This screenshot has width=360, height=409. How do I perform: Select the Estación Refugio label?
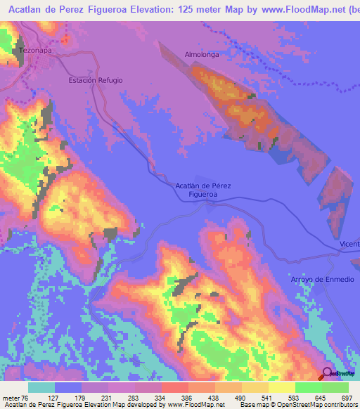(x=96, y=80)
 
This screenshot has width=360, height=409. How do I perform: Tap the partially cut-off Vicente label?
(x=349, y=244)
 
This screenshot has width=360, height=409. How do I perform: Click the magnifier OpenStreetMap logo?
(x=328, y=374)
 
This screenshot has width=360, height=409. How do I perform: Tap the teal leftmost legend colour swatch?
(x=41, y=387)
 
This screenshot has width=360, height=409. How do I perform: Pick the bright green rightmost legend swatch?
(x=335, y=387)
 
